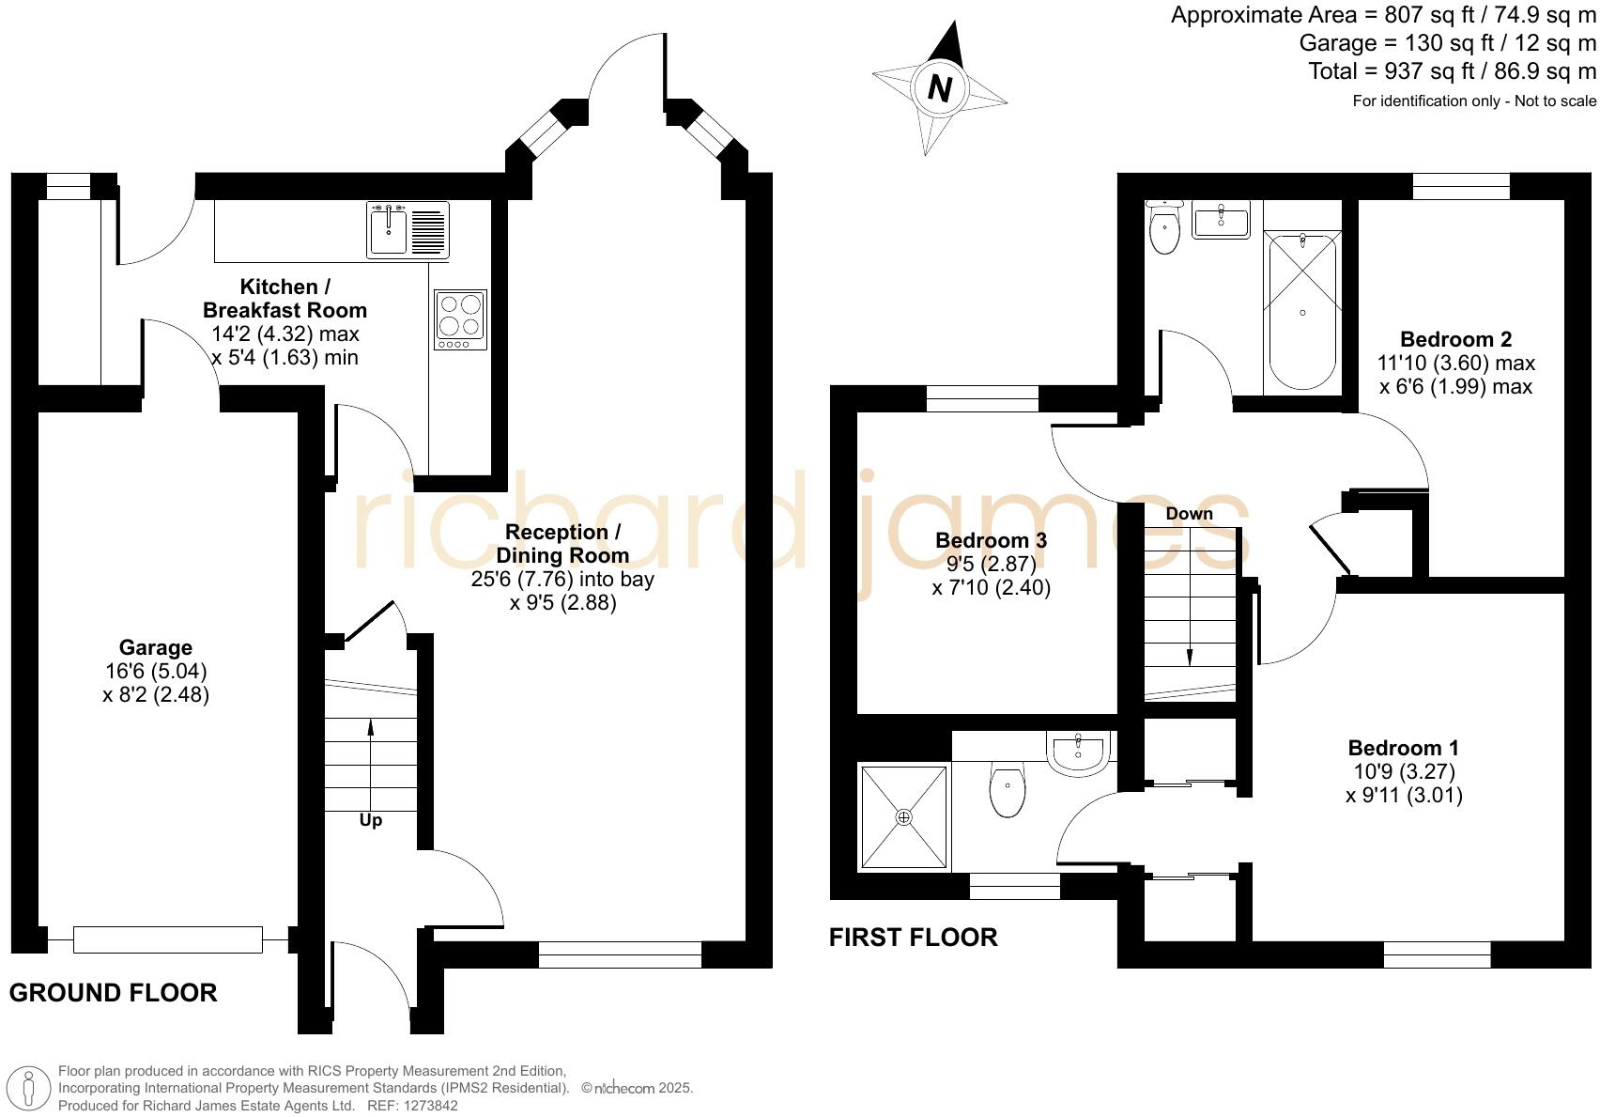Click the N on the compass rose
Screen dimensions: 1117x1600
[x=939, y=88]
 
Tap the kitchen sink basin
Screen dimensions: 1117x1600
[x=388, y=232]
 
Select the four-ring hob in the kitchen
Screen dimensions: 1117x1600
[x=460, y=316]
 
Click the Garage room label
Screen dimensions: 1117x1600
[x=156, y=647]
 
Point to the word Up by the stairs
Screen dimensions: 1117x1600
[x=371, y=820]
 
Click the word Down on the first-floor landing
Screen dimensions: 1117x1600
[x=1189, y=514]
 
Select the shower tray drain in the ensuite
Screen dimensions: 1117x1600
[x=903, y=817]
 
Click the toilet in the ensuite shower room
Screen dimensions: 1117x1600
[x=1007, y=792]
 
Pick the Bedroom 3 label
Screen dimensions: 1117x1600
[x=991, y=540]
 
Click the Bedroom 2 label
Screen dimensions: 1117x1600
[x=1455, y=339]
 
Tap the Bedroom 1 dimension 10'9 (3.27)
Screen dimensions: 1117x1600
[x=1403, y=771]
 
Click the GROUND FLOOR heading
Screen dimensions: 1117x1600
[x=113, y=993]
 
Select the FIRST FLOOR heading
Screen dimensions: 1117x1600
[x=913, y=938]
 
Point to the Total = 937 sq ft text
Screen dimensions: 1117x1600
[x=1452, y=71]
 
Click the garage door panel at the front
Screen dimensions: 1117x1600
[x=168, y=939]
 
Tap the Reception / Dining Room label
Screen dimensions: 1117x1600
[x=562, y=544]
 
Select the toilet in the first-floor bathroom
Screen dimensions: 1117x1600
[x=1164, y=230]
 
